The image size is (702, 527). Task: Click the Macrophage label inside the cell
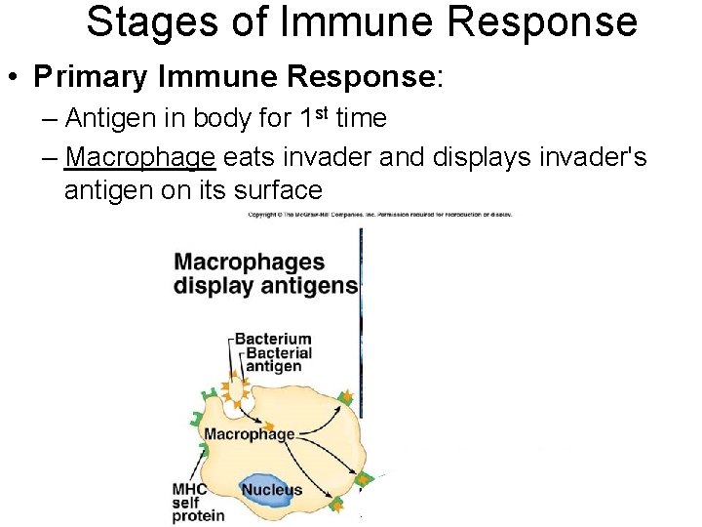(250, 432)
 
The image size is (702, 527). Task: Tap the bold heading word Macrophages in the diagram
(250, 262)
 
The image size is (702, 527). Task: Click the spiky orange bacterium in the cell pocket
(237, 389)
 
